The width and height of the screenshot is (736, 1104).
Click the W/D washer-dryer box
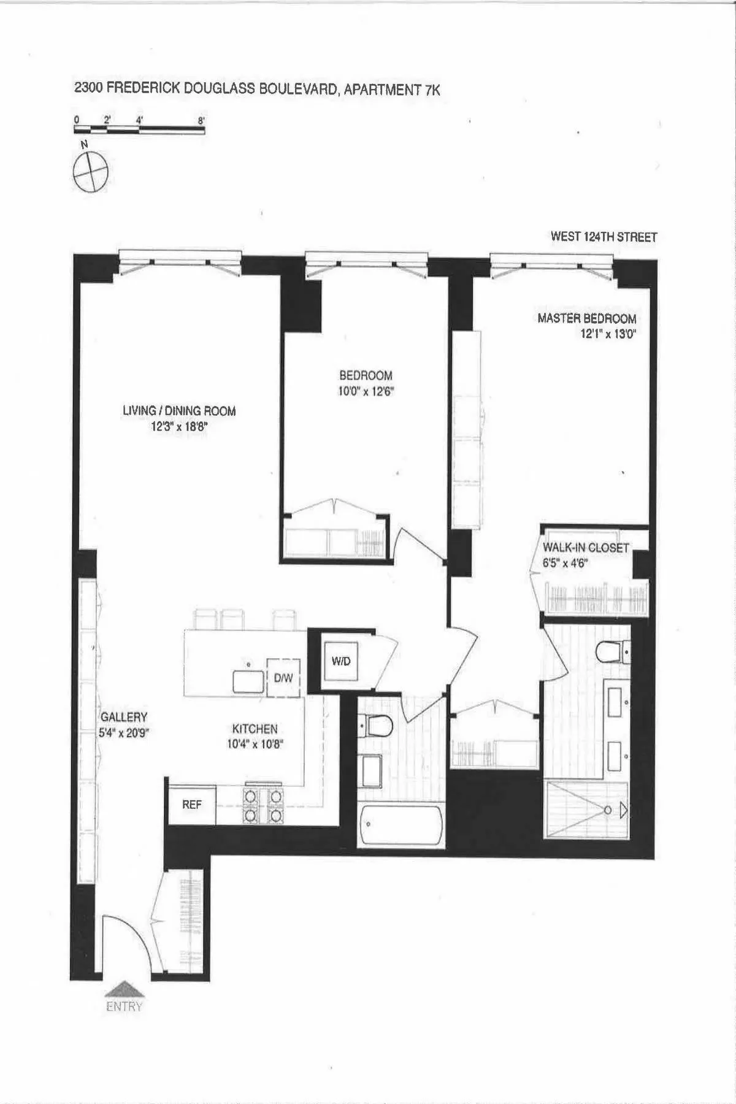tap(341, 662)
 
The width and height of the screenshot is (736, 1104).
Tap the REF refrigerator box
tap(191, 804)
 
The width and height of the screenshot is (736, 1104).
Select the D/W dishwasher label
tap(283, 678)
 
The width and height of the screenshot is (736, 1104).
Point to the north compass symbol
tap(90, 171)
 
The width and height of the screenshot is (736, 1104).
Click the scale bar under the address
tap(140, 129)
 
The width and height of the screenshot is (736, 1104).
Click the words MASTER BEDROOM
tap(586, 318)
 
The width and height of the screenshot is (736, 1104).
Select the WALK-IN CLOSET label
tap(586, 548)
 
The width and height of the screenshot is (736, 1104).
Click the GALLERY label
tap(124, 717)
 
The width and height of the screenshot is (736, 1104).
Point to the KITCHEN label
tap(255, 729)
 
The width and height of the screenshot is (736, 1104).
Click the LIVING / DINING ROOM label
tap(179, 411)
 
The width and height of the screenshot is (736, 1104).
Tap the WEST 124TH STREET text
tap(604, 237)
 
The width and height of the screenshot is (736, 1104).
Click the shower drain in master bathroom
tap(607, 810)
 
